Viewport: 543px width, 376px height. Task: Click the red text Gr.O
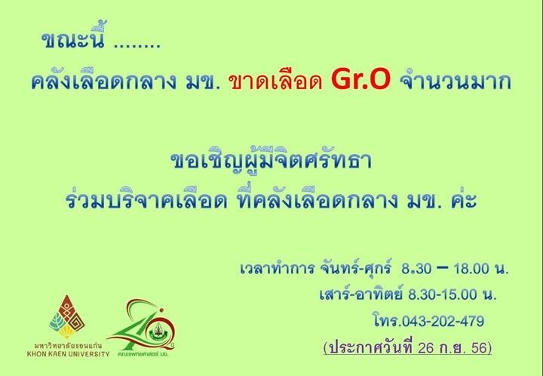coord(360,80)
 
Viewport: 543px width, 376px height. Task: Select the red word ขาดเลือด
coord(275,82)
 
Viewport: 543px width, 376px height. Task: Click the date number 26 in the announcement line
coord(426,348)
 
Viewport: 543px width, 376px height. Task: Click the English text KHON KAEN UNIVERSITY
coord(68,354)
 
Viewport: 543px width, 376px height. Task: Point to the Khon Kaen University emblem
coord(67,317)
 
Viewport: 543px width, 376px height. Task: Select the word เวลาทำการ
coord(278,268)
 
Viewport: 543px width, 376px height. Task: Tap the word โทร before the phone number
coord(387,321)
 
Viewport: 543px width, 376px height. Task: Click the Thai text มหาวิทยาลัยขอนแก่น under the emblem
coord(68,346)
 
